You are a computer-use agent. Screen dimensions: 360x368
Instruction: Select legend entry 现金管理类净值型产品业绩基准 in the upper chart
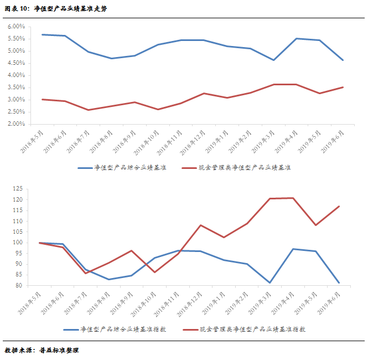(x=243, y=167)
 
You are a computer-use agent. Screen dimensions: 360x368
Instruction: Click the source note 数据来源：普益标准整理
(x=42, y=350)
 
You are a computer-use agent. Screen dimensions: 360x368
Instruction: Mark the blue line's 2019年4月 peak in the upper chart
(x=297, y=39)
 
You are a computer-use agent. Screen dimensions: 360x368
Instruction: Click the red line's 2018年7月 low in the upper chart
(x=87, y=110)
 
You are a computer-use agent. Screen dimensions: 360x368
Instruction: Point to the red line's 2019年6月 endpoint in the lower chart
(x=339, y=207)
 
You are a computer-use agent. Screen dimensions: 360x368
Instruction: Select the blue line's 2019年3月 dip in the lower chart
(x=270, y=282)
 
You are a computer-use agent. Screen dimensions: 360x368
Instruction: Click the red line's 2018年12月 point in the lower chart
(x=200, y=225)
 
